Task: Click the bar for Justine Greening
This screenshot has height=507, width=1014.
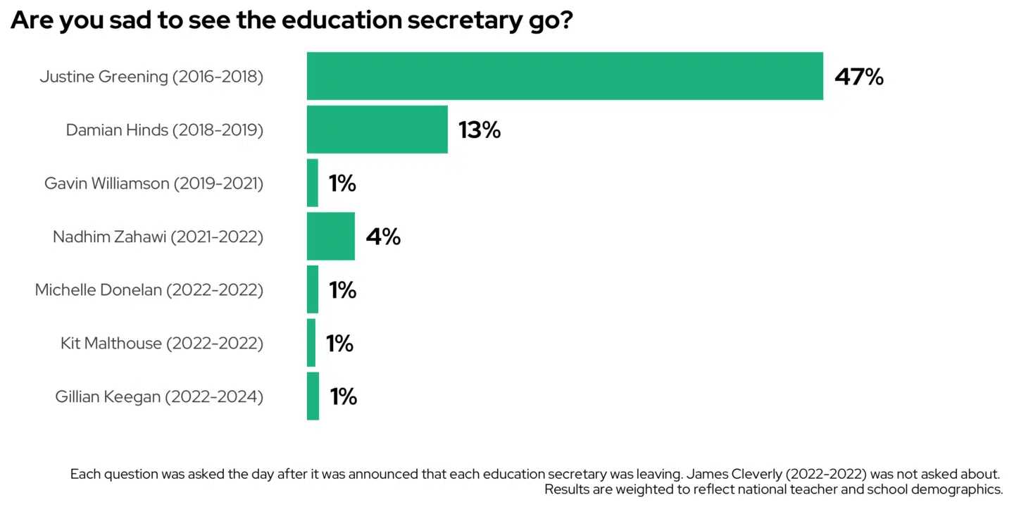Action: pyautogui.click(x=565, y=76)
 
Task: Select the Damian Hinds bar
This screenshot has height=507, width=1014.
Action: pyautogui.click(x=377, y=130)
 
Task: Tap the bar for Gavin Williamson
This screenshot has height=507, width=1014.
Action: pyautogui.click(x=313, y=183)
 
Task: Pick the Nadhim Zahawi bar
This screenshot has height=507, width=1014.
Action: pyautogui.click(x=330, y=237)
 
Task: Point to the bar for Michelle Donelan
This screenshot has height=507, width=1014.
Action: pyautogui.click(x=313, y=289)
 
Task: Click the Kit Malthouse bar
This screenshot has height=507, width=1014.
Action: pyautogui.click(x=311, y=343)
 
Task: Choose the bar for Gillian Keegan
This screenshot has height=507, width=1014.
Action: pyautogui.click(x=313, y=396)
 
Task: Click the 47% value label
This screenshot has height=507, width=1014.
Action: pyautogui.click(x=858, y=77)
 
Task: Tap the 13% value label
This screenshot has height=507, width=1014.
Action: pyautogui.click(x=479, y=130)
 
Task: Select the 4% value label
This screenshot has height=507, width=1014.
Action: pyautogui.click(x=383, y=237)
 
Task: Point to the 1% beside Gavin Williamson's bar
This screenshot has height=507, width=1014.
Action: pyautogui.click(x=342, y=184)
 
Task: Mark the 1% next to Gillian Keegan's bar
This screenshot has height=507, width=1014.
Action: pyautogui.click(x=343, y=397)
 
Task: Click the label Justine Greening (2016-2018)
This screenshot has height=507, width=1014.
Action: pyautogui.click(x=151, y=77)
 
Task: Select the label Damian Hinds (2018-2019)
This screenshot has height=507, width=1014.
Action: pyautogui.click(x=165, y=130)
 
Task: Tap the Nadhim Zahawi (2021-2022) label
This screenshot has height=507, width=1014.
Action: pyautogui.click(x=158, y=237)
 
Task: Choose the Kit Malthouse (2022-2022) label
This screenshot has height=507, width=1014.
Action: pyautogui.click(x=162, y=344)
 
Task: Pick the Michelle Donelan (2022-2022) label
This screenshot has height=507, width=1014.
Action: pyautogui.click(x=149, y=290)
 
